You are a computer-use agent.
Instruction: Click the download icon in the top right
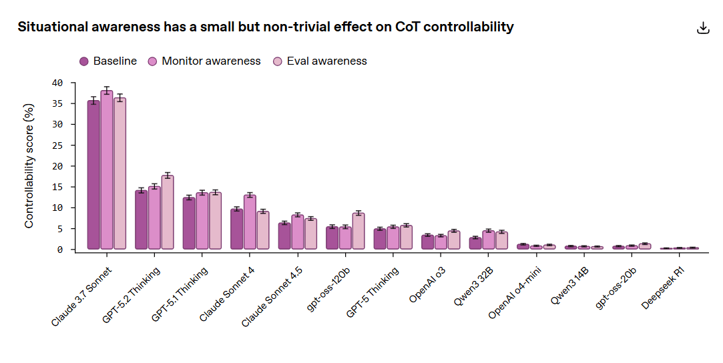[x=702, y=28]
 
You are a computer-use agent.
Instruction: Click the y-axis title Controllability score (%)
[x=29, y=165]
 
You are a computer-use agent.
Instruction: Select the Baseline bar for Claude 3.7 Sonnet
[x=94, y=175]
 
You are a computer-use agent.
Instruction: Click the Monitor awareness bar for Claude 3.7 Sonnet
[x=107, y=170]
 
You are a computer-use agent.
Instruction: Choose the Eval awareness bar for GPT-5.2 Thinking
[x=168, y=212]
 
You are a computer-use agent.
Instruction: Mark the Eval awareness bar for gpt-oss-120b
[x=358, y=231]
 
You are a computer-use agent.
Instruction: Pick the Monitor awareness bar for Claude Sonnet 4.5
[x=298, y=232]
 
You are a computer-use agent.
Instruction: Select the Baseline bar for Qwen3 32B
[x=475, y=244]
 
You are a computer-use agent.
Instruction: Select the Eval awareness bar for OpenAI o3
[x=454, y=240]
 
